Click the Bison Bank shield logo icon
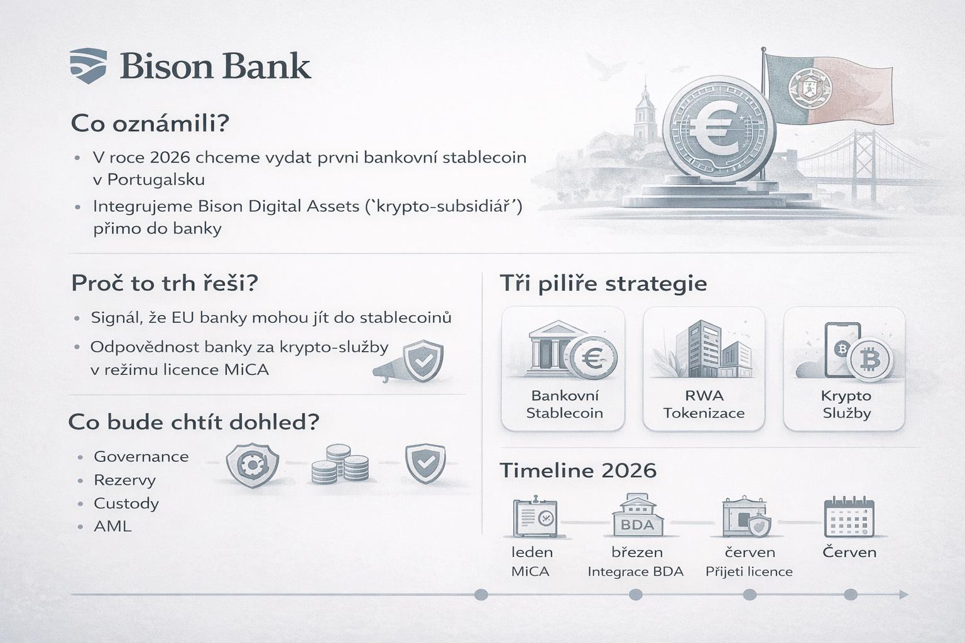89,65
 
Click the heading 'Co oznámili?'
150,123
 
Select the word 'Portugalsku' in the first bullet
156,180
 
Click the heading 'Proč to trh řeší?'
165,283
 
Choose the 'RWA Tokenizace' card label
704,404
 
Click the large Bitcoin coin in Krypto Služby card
870,360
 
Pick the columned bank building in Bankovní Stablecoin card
551,345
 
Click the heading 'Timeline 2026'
578,470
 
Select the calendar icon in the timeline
849,517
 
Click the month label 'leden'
532,552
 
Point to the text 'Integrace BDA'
635,571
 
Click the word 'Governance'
141,457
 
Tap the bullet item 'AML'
113,526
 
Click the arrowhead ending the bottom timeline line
903,595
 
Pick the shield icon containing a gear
253,465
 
